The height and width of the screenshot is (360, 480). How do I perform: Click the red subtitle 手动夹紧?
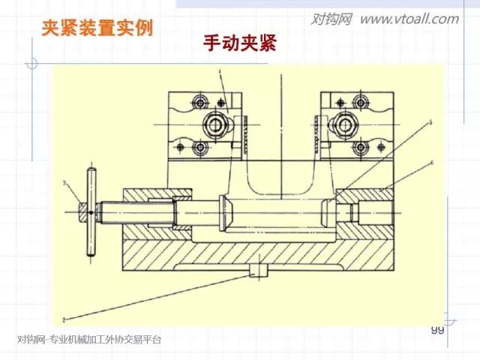(239, 43)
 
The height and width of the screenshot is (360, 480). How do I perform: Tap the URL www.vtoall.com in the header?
(409, 19)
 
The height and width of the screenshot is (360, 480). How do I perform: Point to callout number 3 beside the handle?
(65, 182)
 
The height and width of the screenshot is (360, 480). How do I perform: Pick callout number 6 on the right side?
(432, 162)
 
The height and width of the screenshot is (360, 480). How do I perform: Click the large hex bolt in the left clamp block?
(217, 123)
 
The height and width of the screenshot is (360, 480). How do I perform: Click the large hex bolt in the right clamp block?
(346, 123)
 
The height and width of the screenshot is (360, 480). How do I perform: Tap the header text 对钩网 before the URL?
(331, 19)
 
